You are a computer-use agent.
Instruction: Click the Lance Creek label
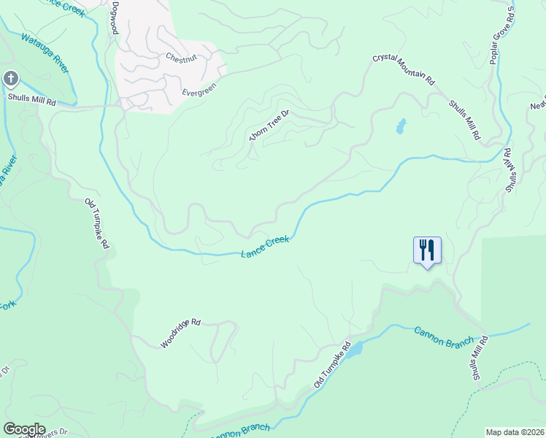click(x=265, y=247)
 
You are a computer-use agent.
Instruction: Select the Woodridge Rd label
click(x=180, y=331)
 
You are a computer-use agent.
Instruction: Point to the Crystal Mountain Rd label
click(x=404, y=69)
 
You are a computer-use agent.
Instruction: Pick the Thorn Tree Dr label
click(x=269, y=126)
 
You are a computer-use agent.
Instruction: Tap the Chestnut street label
click(x=182, y=57)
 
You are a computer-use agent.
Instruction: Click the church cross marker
click(x=11, y=78)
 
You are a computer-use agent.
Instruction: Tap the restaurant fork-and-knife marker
click(x=427, y=250)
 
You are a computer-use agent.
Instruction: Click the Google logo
click(x=24, y=429)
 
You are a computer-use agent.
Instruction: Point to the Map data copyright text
click(x=515, y=432)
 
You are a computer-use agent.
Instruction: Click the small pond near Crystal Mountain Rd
click(x=400, y=127)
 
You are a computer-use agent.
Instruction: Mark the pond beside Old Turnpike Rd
click(x=354, y=351)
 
